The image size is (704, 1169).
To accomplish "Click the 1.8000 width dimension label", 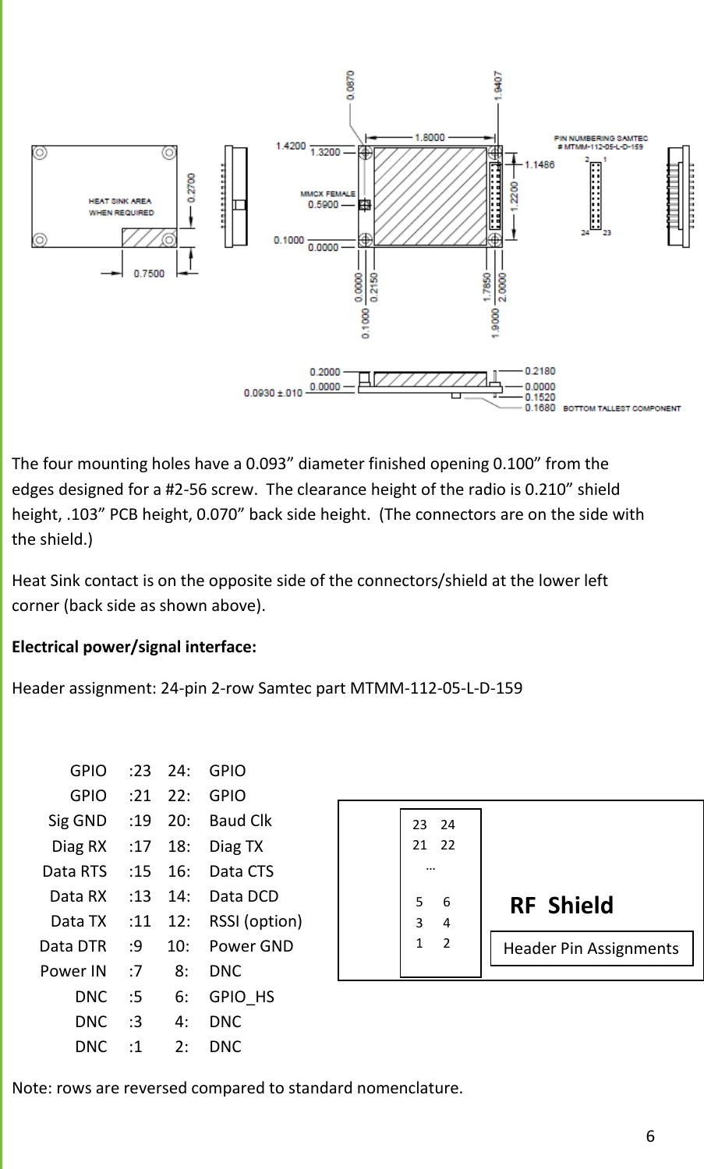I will pyautogui.click(x=430, y=137).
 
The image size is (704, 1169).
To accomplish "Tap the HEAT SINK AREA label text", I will pyautogui.click(x=120, y=201).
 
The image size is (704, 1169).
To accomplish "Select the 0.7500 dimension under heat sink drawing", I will pyautogui.click(x=149, y=274).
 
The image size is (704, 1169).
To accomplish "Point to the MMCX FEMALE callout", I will pyautogui.click(x=327, y=194).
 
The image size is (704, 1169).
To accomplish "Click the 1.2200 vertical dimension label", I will pyautogui.click(x=514, y=194).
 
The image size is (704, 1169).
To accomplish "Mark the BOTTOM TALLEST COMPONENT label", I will pyautogui.click(x=621, y=408).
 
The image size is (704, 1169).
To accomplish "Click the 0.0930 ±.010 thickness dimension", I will pyautogui.click(x=273, y=393).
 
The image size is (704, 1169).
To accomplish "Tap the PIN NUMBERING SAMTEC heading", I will pyautogui.click(x=600, y=139).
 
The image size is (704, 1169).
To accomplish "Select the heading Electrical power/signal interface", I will pyautogui.click(x=134, y=647).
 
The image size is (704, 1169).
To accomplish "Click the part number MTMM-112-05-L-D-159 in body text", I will pyautogui.click(x=436, y=688).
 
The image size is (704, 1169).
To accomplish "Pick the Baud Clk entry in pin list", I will pyautogui.click(x=240, y=821).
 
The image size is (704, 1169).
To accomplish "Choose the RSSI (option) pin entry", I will pyautogui.click(x=255, y=921).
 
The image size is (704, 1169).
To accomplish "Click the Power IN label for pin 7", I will pyautogui.click(x=73, y=971).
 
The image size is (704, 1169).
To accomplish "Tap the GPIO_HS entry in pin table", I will pyautogui.click(x=242, y=997).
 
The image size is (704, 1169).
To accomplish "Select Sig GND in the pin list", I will pyautogui.click(x=77, y=821).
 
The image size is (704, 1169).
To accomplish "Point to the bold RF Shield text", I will pyautogui.click(x=561, y=906).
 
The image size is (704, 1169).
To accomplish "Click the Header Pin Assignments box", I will pyautogui.click(x=591, y=948).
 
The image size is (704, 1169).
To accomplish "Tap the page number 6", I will pyautogui.click(x=650, y=1135).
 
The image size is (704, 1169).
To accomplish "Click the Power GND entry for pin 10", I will pyautogui.click(x=251, y=946).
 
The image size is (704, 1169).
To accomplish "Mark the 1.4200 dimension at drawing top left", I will pyautogui.click(x=291, y=146).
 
